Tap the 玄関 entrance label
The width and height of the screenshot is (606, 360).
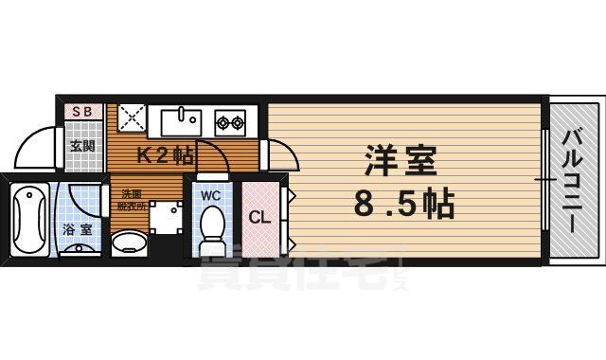pyautogui.click(x=81, y=146)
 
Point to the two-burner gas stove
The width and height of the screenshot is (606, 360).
pyautogui.click(x=230, y=122)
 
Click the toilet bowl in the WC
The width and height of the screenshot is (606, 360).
pyautogui.click(x=212, y=227)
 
